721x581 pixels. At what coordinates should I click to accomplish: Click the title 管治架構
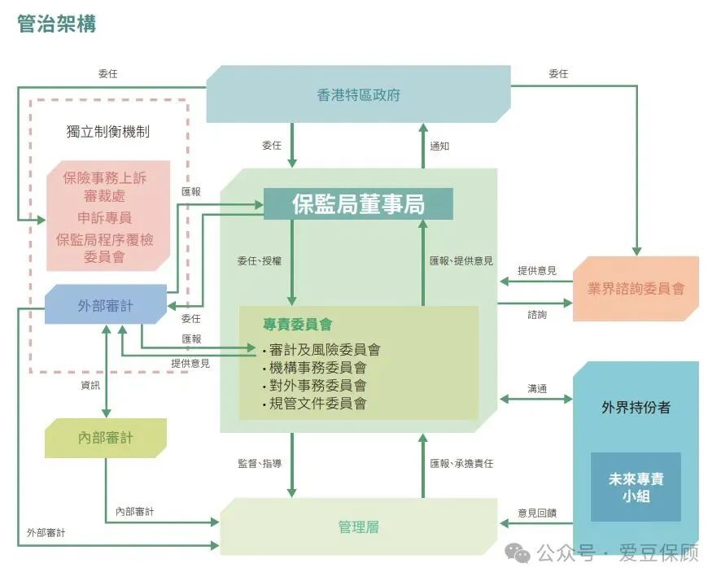pyautogui.click(x=57, y=24)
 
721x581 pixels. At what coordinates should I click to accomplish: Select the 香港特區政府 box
pyautogui.click(x=359, y=94)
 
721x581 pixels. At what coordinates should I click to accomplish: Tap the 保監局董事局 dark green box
pyautogui.click(x=358, y=203)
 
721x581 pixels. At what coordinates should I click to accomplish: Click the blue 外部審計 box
pyautogui.click(x=106, y=304)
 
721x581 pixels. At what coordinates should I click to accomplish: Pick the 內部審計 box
pyautogui.click(x=106, y=438)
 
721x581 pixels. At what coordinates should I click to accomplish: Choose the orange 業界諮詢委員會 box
pyautogui.click(x=636, y=289)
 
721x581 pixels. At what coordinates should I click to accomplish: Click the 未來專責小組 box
pyautogui.click(x=636, y=487)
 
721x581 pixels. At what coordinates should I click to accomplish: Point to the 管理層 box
pyautogui.click(x=359, y=526)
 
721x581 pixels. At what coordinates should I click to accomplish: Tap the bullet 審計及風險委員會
pyautogui.click(x=321, y=350)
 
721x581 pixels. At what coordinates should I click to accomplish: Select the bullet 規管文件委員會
pyautogui.click(x=314, y=404)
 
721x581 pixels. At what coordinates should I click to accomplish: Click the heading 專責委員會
pyautogui.click(x=298, y=325)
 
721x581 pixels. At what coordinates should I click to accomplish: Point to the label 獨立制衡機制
pyautogui.click(x=108, y=132)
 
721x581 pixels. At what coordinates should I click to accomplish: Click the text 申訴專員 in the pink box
pyautogui.click(x=105, y=217)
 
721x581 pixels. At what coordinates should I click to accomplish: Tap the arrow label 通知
pyautogui.click(x=439, y=146)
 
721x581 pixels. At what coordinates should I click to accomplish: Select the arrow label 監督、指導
pyautogui.click(x=260, y=463)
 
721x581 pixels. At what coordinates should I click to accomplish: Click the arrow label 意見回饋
pyautogui.click(x=537, y=513)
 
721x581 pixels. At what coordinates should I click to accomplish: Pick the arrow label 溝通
pyautogui.click(x=537, y=389)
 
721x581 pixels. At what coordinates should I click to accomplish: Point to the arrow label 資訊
pyautogui.click(x=90, y=385)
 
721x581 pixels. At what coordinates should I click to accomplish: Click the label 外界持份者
pyautogui.click(x=636, y=407)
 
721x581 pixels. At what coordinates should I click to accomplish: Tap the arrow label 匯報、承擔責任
pyautogui.click(x=461, y=463)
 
